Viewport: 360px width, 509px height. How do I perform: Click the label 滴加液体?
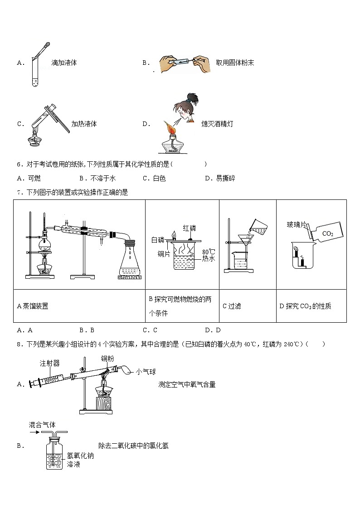pyautogui.click(x=64, y=63)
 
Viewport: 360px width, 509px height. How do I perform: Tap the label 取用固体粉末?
pyautogui.click(x=235, y=63)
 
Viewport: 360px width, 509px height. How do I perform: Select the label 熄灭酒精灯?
pyautogui.click(x=217, y=124)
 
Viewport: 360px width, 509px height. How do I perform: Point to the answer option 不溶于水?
pyautogui.click(x=97, y=178)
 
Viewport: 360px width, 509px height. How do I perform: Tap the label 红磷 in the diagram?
pyautogui.click(x=189, y=228)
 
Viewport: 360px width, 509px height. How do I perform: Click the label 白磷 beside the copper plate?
pyautogui.click(x=158, y=239)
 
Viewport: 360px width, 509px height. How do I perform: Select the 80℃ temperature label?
pyautogui.click(x=209, y=251)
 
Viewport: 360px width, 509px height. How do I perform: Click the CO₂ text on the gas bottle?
pyautogui.click(x=327, y=233)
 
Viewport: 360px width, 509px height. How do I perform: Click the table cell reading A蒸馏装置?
pyautogui.click(x=33, y=306)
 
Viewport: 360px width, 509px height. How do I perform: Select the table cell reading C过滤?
pyautogui.click(x=232, y=306)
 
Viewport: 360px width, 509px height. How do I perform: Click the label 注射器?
pyautogui.click(x=49, y=363)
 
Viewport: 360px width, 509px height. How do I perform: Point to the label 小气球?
pyautogui.click(x=146, y=372)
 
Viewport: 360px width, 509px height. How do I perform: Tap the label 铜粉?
pyautogui.click(x=107, y=359)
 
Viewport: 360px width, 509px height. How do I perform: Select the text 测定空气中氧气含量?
pyautogui.click(x=187, y=384)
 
